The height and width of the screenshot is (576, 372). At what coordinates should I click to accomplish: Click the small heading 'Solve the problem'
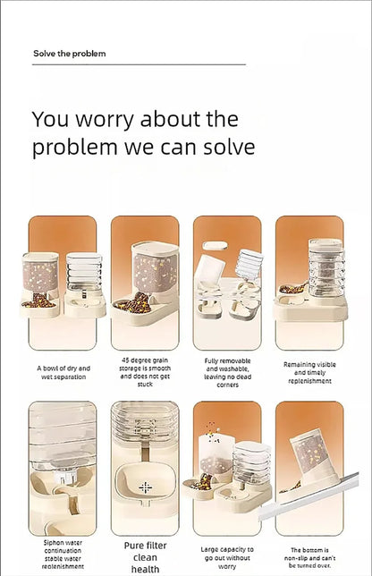coord(70,54)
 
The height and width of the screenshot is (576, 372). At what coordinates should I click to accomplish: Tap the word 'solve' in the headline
coord(229,147)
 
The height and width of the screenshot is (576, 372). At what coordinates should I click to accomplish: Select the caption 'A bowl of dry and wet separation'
coord(63,372)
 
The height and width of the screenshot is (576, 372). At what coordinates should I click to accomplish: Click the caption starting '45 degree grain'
coord(145,372)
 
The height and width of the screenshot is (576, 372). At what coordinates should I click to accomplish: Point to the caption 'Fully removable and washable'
coord(227,373)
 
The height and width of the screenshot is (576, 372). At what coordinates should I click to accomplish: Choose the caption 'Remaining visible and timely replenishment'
coord(309,372)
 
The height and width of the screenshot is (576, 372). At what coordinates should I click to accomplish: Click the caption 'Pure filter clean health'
coord(146,557)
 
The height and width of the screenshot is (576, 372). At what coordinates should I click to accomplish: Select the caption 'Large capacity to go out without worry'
coord(227,557)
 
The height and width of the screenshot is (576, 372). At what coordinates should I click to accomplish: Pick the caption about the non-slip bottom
coord(309,557)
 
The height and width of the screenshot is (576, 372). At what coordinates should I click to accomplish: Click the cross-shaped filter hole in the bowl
coord(146,487)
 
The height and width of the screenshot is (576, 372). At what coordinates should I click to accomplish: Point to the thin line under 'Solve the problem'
coord(139,64)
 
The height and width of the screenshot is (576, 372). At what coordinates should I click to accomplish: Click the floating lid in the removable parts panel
coord(215,245)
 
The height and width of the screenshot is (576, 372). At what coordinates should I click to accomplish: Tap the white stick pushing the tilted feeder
coord(309,497)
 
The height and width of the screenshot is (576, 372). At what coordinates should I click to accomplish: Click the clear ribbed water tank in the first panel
coord(84,272)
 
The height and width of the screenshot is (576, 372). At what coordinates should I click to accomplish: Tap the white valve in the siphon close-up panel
coord(63,477)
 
